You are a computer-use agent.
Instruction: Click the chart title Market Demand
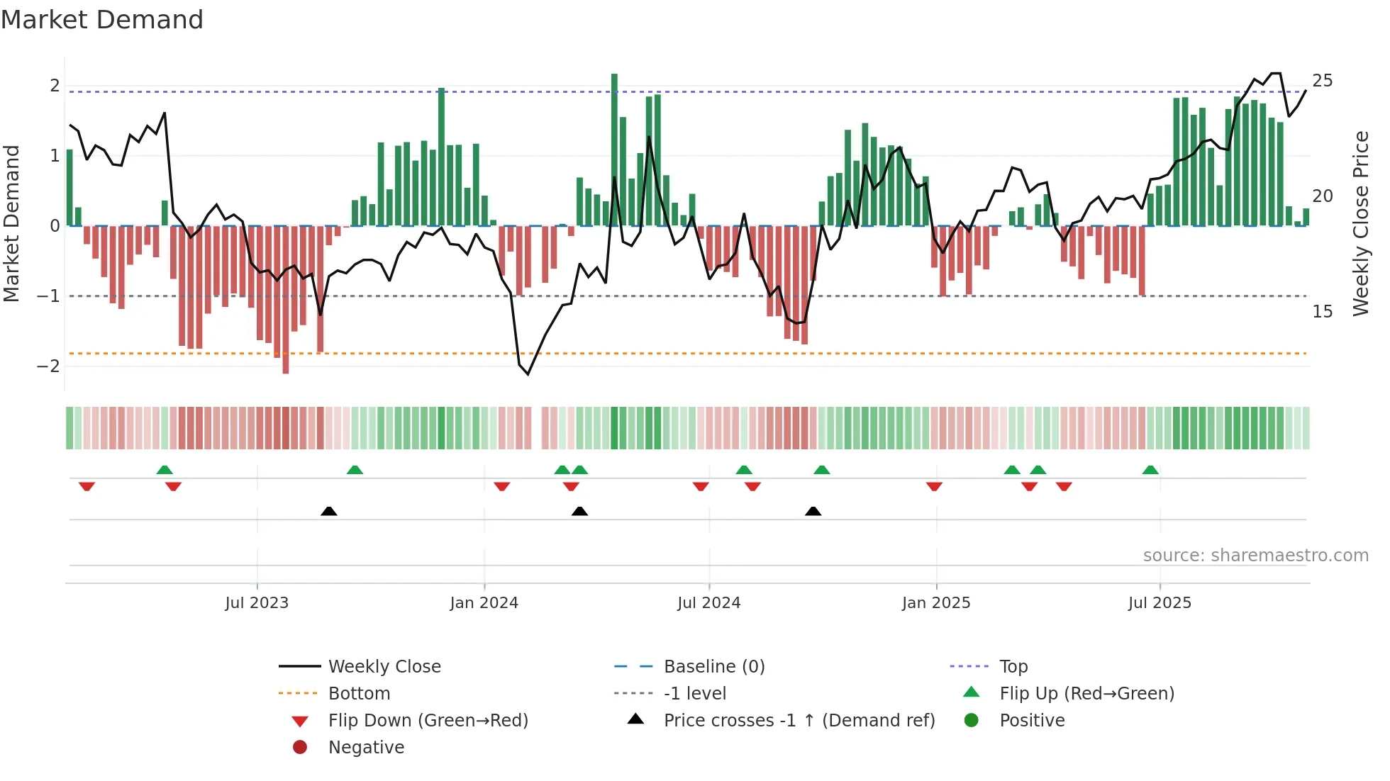tap(102, 19)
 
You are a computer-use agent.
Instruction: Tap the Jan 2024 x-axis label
tap(484, 603)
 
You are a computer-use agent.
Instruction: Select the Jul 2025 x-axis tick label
tap(1160, 603)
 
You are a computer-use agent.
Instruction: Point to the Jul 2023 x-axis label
tap(257, 603)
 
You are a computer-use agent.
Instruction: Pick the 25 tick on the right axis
tap(1322, 81)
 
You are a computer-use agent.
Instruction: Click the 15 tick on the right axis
tap(1322, 312)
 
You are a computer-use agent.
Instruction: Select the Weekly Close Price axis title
tap(1360, 223)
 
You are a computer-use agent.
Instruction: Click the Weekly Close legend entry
tap(384, 667)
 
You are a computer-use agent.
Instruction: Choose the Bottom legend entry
tap(359, 694)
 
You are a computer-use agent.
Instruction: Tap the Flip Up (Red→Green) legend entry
tap(1086, 694)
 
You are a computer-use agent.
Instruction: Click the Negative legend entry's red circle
tap(300, 748)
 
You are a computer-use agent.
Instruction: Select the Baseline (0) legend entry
tap(713, 667)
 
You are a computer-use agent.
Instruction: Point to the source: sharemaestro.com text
tap(1255, 556)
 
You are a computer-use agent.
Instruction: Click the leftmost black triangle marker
tap(329, 512)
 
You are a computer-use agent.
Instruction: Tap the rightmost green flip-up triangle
tap(1150, 471)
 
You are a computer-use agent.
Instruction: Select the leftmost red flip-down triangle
tap(87, 487)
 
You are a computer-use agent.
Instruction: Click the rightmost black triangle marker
tap(813, 512)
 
